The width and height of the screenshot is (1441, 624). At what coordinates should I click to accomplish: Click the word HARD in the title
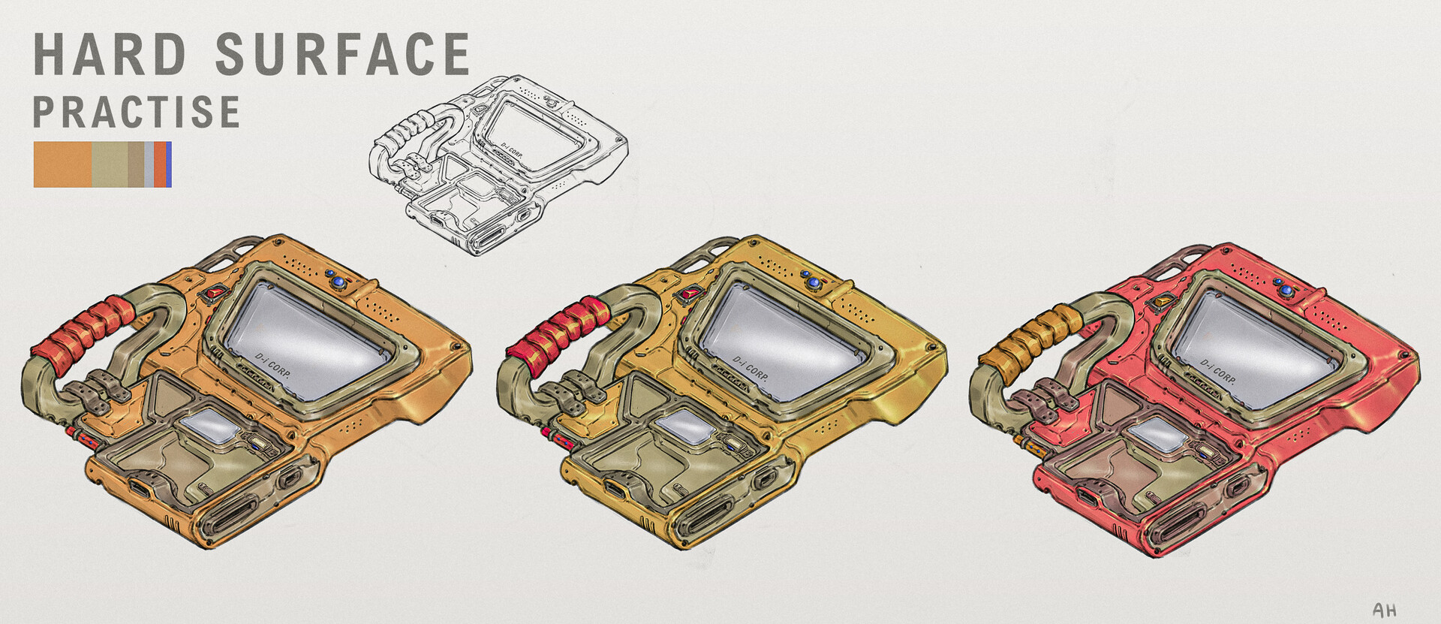tap(110, 54)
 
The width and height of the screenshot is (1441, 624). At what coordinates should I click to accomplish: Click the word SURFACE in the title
tap(342, 54)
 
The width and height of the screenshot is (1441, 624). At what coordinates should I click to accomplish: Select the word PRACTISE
tap(136, 112)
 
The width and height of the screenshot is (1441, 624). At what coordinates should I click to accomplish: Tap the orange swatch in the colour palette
tap(62, 164)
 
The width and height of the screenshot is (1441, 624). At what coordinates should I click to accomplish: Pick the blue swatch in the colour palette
tap(169, 164)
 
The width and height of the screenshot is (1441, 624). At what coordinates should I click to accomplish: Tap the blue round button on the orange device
tap(338, 282)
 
